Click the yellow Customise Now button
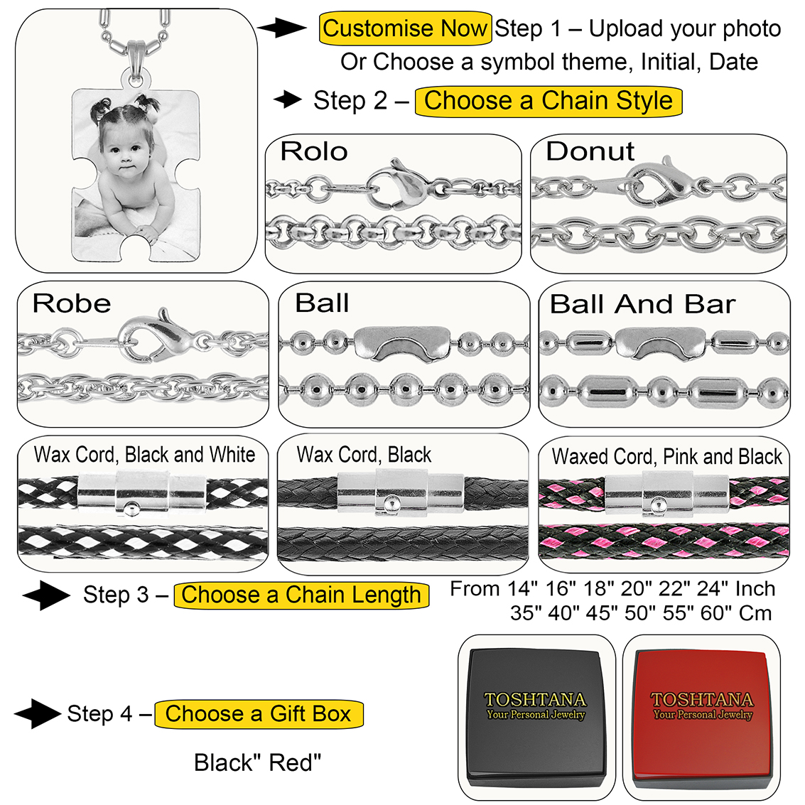coord(405,29)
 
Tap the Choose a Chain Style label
coord(548,101)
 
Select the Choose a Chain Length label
coord(301,595)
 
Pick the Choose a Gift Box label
coord(259,713)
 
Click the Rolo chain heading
coord(313,151)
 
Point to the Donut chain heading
coord(590,151)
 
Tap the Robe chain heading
coord(72,303)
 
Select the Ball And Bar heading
coord(642,304)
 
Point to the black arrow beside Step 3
coord(45,595)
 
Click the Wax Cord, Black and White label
coord(144,455)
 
